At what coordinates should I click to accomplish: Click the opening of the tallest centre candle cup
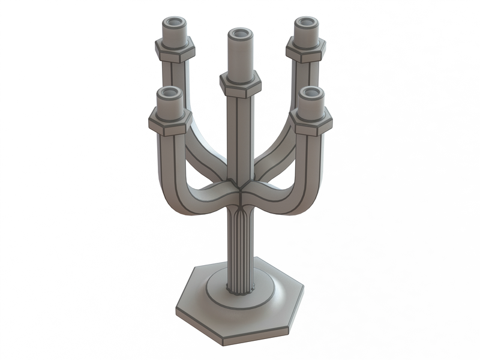240,33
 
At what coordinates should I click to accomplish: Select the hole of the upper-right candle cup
305,23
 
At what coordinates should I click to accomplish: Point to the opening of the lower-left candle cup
169,92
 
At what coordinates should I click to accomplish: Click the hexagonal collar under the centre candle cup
240,84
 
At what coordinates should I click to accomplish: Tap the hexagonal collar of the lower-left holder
170,122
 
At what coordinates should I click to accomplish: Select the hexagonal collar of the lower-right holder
313,122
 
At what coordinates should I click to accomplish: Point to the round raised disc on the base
240,294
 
